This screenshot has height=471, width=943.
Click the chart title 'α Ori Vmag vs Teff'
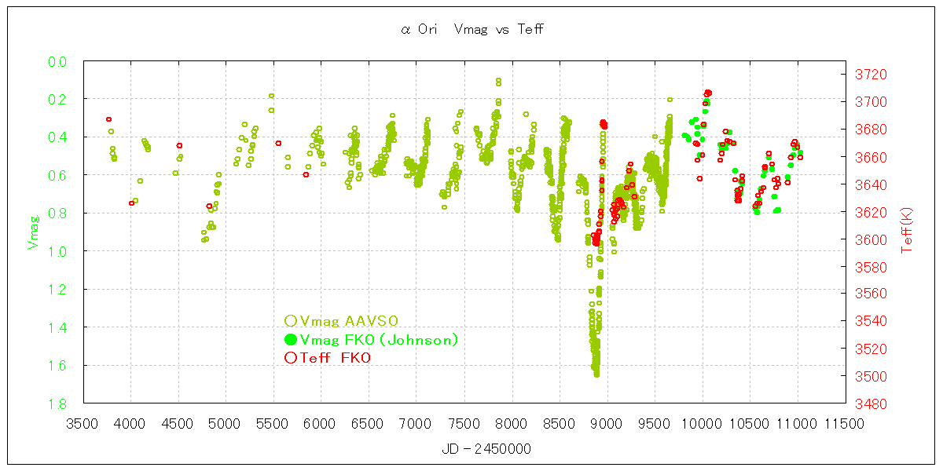coord(472,30)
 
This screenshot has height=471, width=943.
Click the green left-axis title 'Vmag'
coord(34,233)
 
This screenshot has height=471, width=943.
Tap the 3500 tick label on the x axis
coord(83,424)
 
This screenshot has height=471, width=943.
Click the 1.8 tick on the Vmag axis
coord(57,403)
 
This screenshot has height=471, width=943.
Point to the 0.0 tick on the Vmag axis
coord(57,61)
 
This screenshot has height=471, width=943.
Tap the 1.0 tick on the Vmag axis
coord(57,251)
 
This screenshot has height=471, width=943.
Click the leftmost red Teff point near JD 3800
coord(108,119)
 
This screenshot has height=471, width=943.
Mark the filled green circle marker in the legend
coord(290,339)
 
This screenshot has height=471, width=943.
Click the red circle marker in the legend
coord(290,358)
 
